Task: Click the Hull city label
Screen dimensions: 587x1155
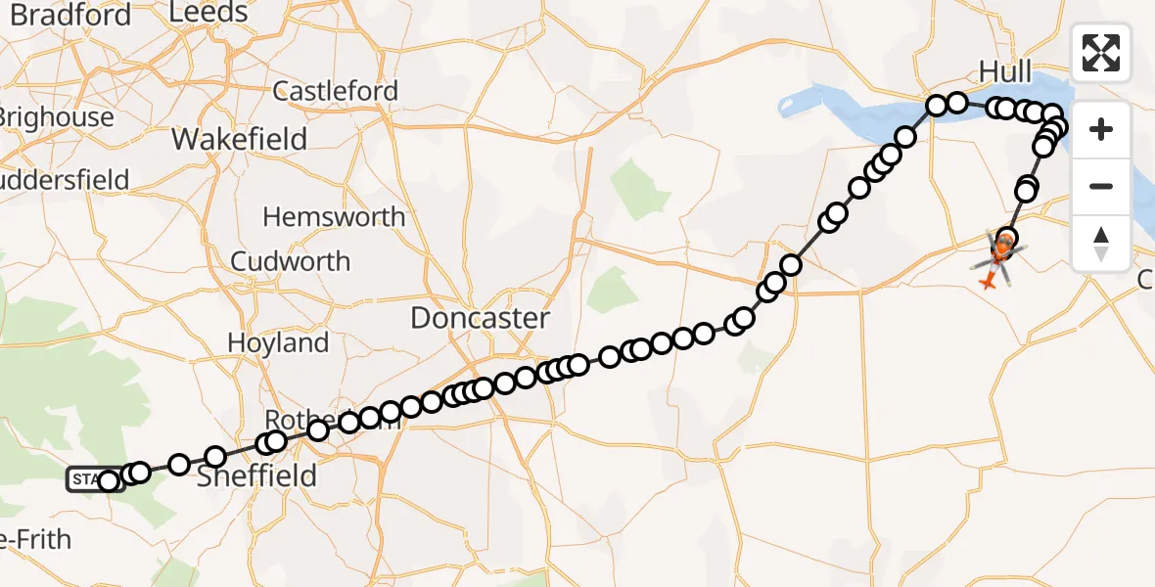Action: click(x=1004, y=71)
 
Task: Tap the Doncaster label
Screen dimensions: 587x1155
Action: click(x=480, y=318)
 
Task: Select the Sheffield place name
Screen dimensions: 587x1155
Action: click(x=256, y=476)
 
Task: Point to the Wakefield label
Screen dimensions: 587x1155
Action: click(x=240, y=139)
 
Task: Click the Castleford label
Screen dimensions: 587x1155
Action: click(x=335, y=92)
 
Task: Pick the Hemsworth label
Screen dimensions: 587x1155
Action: click(x=334, y=216)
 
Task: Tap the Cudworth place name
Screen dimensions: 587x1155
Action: click(x=290, y=261)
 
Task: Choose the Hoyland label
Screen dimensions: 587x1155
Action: click(x=278, y=343)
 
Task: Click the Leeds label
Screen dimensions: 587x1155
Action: click(x=208, y=13)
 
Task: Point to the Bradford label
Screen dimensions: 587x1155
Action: click(x=69, y=16)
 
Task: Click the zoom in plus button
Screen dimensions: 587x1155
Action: click(x=1101, y=129)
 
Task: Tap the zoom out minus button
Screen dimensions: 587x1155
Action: click(x=1101, y=186)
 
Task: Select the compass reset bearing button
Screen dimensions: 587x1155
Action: click(x=1101, y=242)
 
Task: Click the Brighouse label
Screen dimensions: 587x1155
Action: click(x=57, y=117)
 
